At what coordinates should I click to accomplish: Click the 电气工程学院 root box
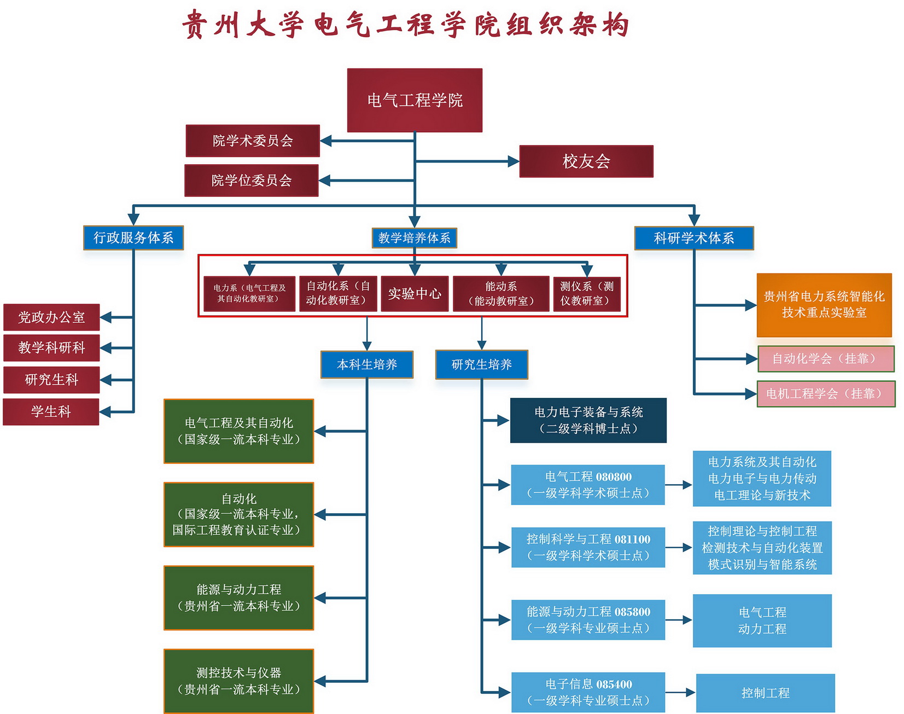click(415, 100)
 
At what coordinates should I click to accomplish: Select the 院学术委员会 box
click(253, 141)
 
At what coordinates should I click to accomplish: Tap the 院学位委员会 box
click(252, 181)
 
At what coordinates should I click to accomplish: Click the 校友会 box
click(586, 161)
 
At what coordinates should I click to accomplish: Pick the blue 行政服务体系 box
click(133, 237)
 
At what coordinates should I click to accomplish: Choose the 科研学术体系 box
click(694, 238)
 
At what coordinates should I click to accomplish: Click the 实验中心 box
click(415, 294)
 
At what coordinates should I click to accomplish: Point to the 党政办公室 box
click(51, 317)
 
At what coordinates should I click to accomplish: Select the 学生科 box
click(51, 411)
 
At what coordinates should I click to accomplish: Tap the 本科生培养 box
click(367, 364)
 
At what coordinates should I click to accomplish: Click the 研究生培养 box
click(482, 364)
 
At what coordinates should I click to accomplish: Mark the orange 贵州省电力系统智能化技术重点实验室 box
click(824, 305)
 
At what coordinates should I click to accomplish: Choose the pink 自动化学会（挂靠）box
click(826, 359)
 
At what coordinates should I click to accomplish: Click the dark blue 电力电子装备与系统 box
click(588, 420)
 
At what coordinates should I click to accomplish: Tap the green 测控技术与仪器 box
click(239, 681)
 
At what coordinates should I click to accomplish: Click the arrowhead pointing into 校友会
click(513, 161)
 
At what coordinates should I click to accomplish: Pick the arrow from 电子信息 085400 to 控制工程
click(680, 693)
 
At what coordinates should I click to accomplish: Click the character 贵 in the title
click(194, 25)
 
